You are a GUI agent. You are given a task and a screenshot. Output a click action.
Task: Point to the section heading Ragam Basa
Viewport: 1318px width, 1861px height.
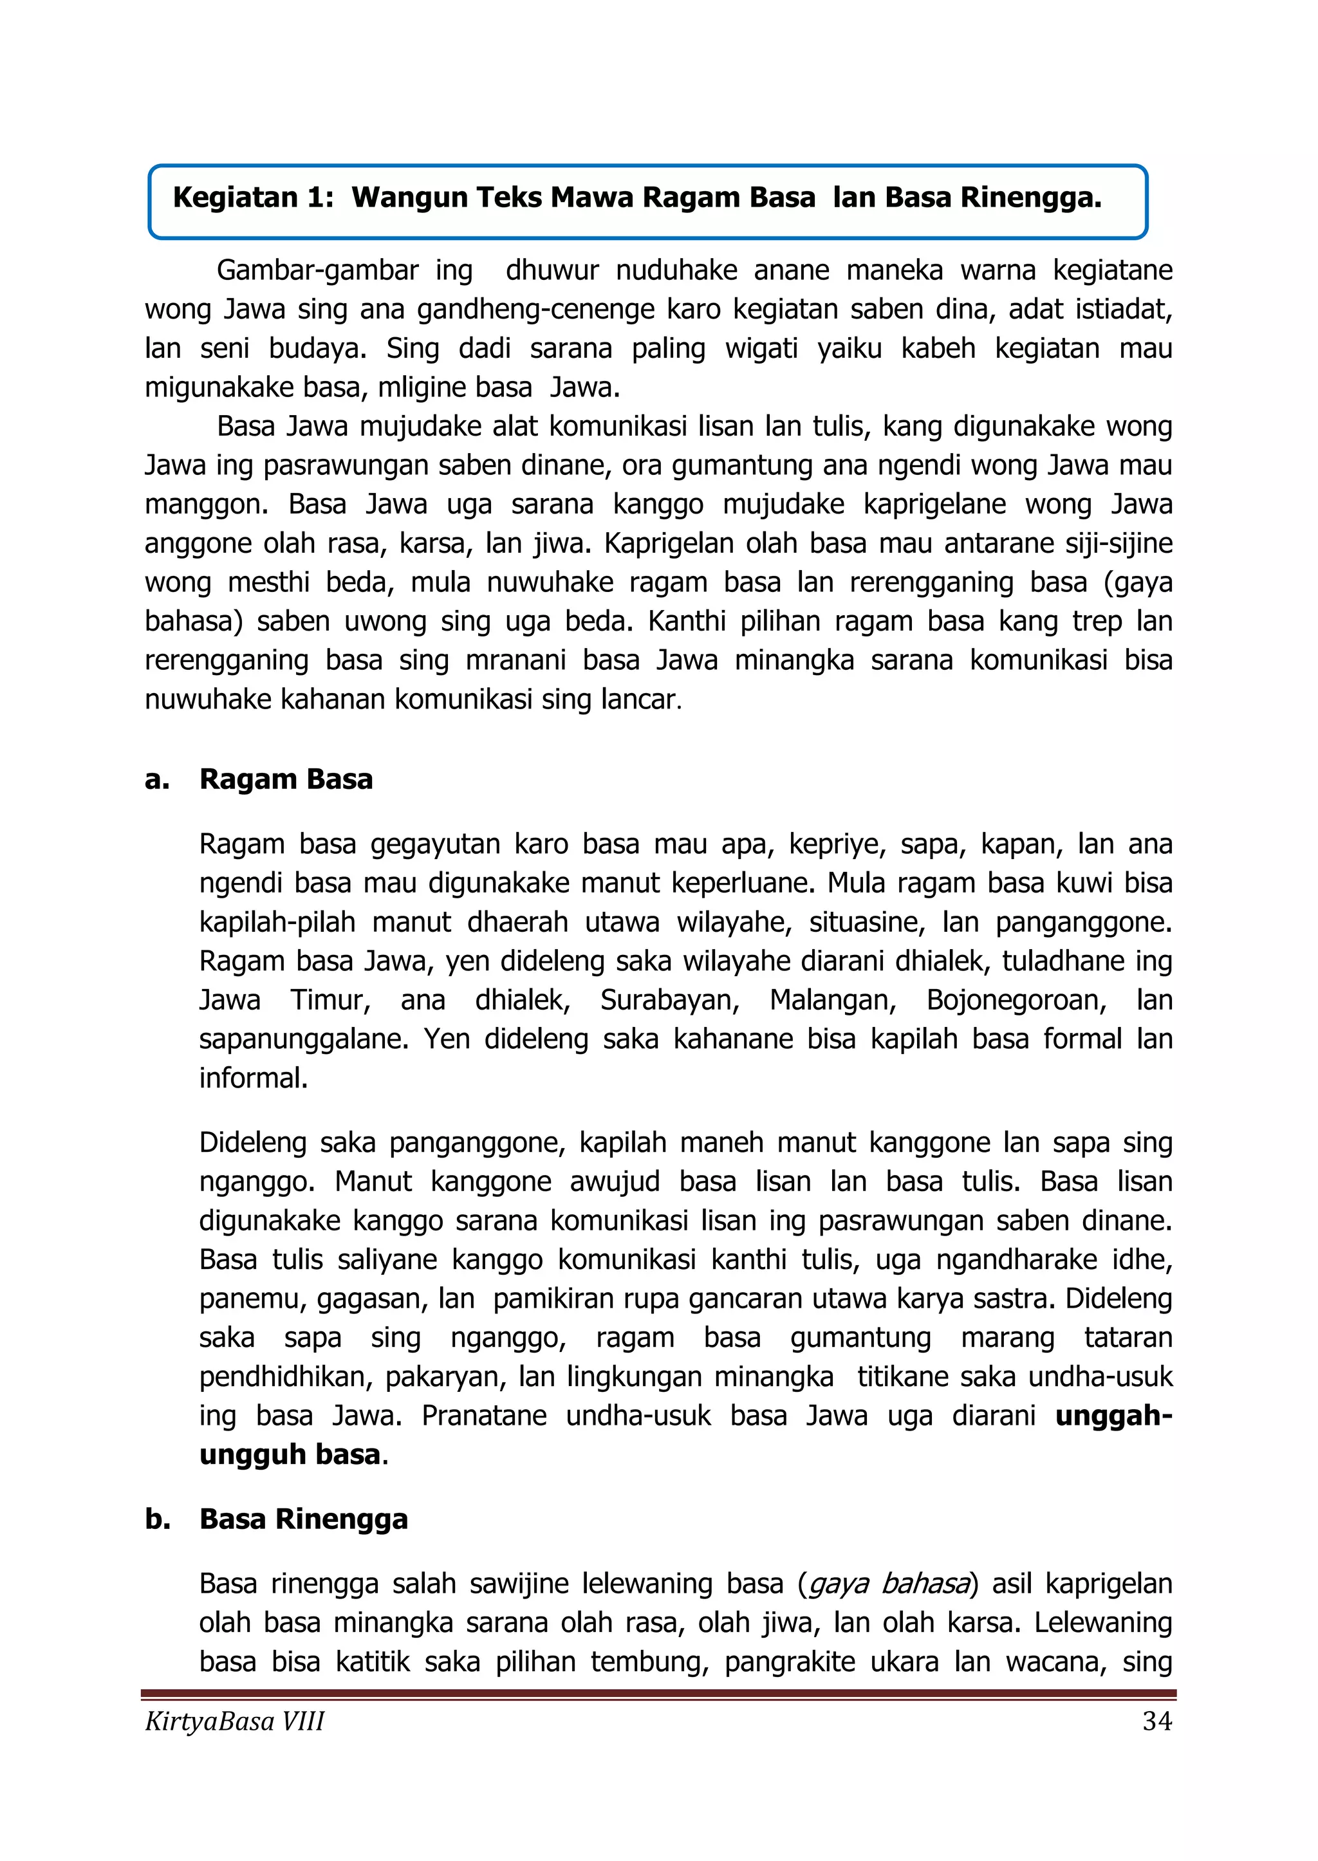click(x=286, y=779)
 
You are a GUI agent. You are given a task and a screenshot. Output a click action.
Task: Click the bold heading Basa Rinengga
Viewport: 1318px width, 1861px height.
click(x=304, y=1519)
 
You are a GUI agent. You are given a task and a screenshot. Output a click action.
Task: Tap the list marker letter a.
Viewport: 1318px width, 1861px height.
click(x=155, y=779)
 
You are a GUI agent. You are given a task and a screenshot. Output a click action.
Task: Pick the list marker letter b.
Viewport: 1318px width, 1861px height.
click(x=156, y=1519)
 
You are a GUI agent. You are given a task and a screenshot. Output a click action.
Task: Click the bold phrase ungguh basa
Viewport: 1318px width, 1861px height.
click(x=290, y=1454)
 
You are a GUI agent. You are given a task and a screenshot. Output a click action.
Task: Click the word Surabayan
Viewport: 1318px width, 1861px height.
click(x=669, y=1000)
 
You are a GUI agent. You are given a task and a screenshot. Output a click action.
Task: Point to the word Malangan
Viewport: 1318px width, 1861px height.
click(x=833, y=1000)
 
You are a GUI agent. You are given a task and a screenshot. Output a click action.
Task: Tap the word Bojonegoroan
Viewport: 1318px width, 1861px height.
click(x=1017, y=1000)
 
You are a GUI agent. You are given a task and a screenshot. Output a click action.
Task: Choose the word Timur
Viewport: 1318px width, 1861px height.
click(x=330, y=1000)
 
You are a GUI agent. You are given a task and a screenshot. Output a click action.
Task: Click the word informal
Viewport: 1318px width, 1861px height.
click(x=253, y=1078)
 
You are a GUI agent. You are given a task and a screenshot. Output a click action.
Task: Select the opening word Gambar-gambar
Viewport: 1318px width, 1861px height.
click(x=317, y=270)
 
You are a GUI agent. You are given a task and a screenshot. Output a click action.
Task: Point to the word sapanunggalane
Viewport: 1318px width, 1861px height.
click(x=304, y=1039)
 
